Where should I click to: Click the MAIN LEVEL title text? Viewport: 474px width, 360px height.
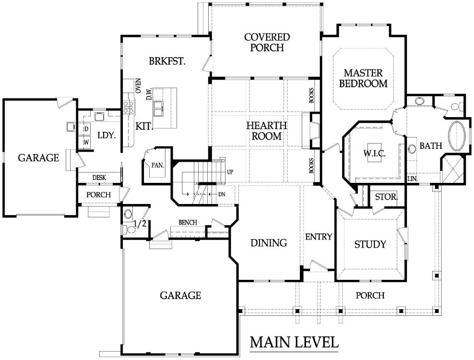294,342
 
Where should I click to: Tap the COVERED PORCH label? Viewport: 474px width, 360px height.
267,42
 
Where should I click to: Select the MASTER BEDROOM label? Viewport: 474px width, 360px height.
363,78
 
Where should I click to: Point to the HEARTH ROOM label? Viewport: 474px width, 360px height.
267,131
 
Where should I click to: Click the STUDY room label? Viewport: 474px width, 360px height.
370,244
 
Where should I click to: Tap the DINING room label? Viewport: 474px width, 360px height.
269,242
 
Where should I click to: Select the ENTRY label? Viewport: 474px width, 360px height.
318,237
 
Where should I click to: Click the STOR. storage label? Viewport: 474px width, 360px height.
386,197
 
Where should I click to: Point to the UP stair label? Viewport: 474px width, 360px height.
230,172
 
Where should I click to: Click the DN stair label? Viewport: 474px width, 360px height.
222,194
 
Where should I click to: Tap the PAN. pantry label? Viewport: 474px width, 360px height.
158,165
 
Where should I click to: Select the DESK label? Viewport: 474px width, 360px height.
99,178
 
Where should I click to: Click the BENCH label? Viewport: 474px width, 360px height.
188,223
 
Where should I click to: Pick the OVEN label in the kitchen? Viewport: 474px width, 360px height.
138,85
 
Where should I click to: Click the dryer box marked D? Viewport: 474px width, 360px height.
86,129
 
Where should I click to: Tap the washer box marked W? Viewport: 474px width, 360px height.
86,142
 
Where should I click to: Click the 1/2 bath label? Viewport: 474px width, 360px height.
140,224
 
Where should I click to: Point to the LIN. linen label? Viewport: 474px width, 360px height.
413,179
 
